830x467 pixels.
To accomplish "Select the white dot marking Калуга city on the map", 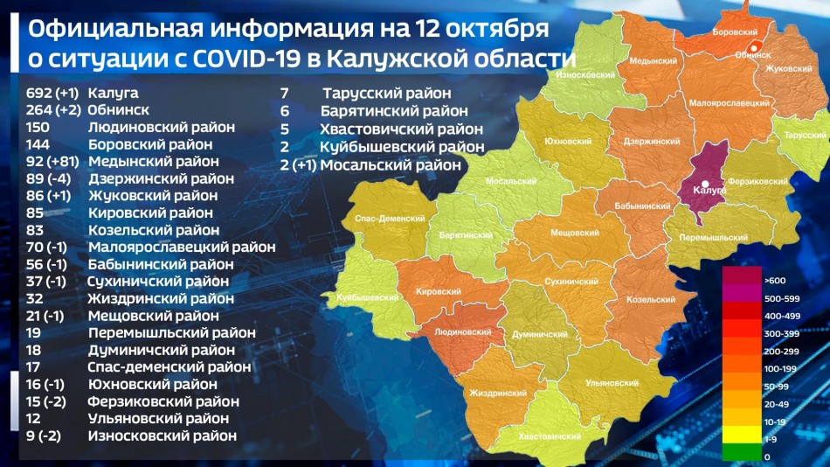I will point(705,183).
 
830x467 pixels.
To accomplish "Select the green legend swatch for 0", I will point(740,456).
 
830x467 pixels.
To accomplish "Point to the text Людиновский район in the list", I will point(162,127).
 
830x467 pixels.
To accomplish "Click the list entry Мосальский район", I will point(390,164).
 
